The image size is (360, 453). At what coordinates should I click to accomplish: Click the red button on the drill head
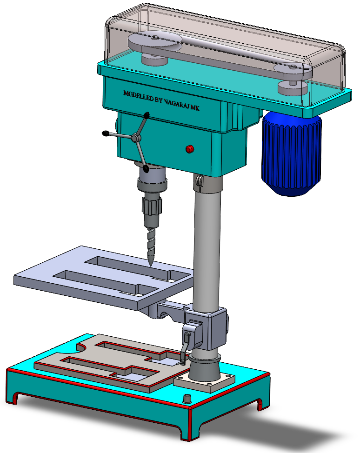coord(189,149)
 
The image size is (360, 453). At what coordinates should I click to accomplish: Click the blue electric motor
coord(291,153)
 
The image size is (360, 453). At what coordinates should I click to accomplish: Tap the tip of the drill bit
coord(150,266)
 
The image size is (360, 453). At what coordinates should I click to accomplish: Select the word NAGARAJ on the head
coord(177,104)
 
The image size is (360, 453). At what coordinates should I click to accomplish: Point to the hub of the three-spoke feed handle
coord(135,138)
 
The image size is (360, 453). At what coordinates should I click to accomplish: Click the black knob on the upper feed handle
coord(147,115)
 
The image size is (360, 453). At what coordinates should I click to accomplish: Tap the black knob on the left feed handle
coord(106,133)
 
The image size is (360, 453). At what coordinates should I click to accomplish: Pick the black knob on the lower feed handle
coord(146,169)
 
